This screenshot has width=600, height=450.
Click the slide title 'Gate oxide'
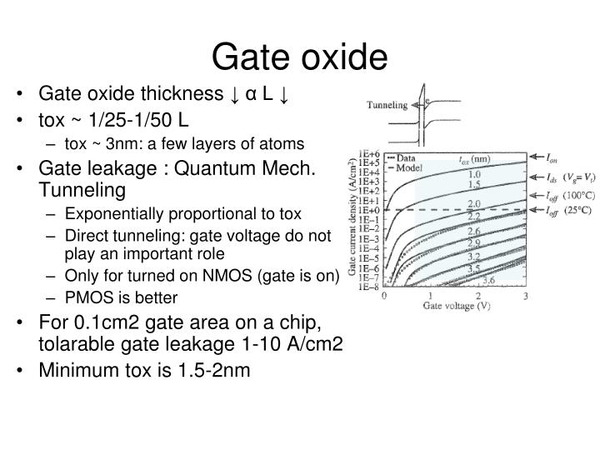click(299, 57)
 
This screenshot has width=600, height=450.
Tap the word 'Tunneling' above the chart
click(387, 106)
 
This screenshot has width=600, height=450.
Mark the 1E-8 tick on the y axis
click(369, 288)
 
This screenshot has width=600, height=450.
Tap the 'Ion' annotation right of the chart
click(552, 157)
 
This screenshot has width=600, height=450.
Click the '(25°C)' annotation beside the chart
click(576, 212)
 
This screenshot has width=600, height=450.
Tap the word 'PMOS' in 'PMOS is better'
click(85, 297)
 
